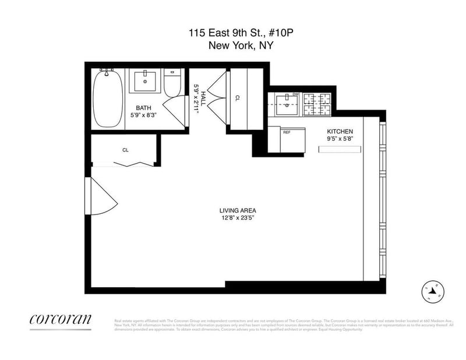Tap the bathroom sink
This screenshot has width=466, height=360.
click(143, 80)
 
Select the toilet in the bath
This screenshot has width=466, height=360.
click(171, 85)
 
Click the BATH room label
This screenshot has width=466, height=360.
click(144, 108)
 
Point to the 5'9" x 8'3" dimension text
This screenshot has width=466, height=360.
click(144, 115)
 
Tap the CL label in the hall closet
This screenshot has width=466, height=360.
click(238, 98)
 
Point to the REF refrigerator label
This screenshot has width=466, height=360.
click(287, 132)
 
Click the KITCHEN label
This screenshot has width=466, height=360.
click(340, 132)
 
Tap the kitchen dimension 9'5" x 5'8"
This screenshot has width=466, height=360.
click(340, 139)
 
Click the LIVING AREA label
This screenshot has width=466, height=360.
click(238, 210)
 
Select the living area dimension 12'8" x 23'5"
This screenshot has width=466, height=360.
click(238, 218)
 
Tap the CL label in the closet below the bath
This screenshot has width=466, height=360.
click(125, 150)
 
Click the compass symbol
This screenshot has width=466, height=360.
click(433, 290)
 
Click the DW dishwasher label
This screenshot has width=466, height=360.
click(295, 94)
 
